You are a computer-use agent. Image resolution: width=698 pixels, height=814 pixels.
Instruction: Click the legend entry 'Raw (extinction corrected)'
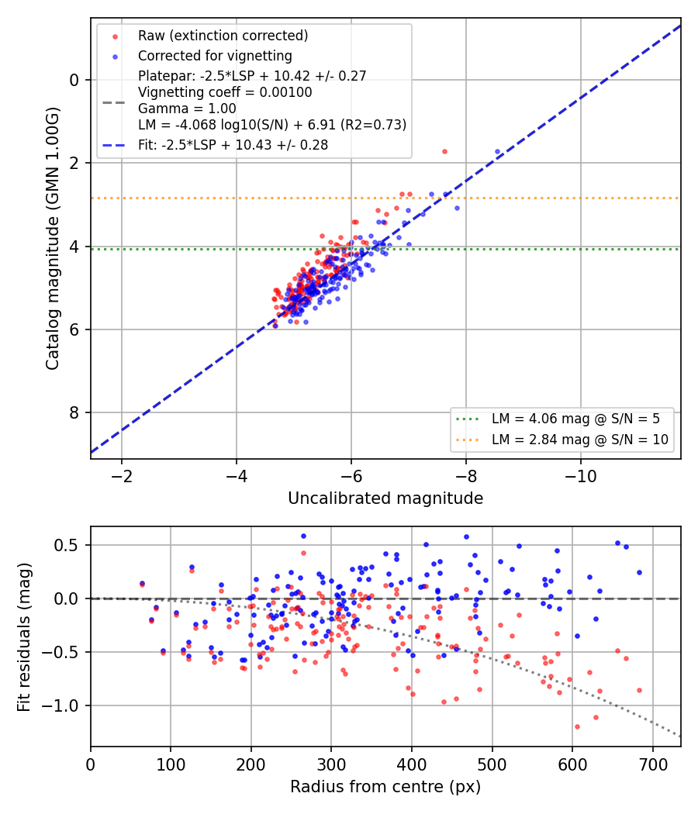click(x=223, y=36)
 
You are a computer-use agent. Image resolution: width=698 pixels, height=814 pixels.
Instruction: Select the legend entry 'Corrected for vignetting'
click(x=215, y=56)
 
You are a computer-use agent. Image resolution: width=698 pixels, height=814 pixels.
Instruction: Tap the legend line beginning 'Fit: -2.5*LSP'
click(x=233, y=145)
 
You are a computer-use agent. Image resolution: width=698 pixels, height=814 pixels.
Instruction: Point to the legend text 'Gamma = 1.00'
click(x=187, y=109)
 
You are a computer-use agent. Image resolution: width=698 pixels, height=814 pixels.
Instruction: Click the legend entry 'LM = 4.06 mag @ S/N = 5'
click(x=576, y=419)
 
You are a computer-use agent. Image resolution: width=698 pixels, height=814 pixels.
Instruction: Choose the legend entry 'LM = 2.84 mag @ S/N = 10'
click(x=580, y=440)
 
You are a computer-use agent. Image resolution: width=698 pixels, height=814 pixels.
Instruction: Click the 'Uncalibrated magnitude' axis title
click(x=385, y=498)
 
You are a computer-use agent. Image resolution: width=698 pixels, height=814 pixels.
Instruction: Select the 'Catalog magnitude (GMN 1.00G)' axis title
click(x=53, y=238)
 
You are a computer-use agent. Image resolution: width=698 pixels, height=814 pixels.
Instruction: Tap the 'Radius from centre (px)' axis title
click(x=385, y=787)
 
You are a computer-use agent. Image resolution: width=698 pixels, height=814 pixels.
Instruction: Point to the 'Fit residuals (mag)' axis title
click(x=24, y=637)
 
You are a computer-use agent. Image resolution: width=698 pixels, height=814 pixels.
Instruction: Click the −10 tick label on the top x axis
click(x=581, y=476)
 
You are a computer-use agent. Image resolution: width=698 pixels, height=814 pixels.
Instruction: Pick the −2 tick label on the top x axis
click(x=122, y=476)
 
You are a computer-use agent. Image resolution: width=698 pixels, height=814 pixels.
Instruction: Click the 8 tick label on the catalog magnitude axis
click(x=74, y=412)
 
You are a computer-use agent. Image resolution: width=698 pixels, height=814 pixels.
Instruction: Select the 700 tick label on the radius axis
click(x=653, y=764)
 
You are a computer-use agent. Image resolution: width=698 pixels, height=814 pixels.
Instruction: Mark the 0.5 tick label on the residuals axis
click(x=66, y=545)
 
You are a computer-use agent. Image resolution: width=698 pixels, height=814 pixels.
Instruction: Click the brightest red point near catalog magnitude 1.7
click(x=444, y=152)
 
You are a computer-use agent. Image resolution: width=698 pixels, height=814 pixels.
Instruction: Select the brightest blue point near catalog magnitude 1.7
click(x=498, y=152)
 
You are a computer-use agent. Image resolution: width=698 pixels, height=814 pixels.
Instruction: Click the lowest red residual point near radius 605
click(x=577, y=727)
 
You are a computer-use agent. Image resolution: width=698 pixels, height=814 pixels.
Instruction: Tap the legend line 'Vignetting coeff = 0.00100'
click(x=225, y=92)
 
